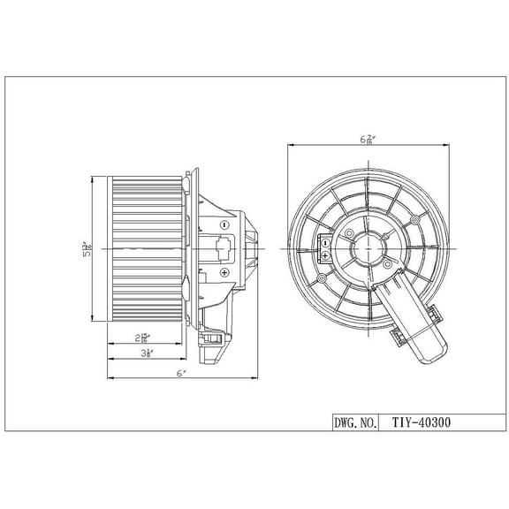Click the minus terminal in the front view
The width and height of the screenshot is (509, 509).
pos(325,241)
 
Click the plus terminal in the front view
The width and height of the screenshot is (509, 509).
pos(325,254)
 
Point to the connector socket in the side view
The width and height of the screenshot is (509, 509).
pos(220,247)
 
